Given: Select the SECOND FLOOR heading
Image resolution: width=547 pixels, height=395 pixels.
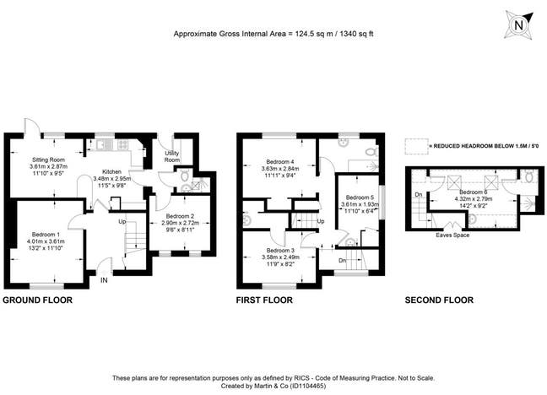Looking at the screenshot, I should (439, 300).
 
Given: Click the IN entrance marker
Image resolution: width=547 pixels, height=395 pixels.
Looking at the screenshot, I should (104, 280).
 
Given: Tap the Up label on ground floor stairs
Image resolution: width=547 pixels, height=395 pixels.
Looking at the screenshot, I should (121, 222).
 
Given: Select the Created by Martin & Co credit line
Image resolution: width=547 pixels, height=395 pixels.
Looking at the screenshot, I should (272, 385).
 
